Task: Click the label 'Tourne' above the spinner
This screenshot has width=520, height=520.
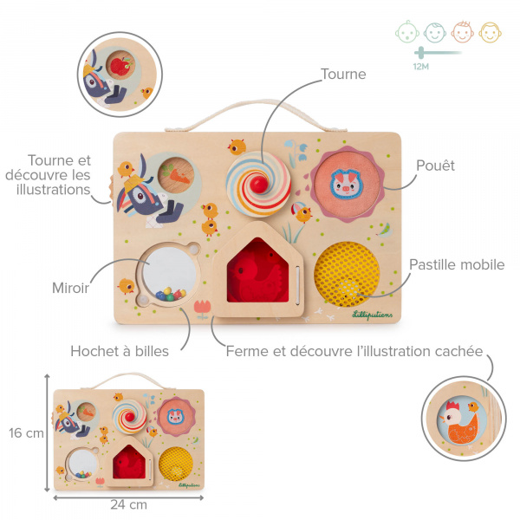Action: [x=343, y=75]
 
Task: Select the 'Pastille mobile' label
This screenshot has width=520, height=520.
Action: [x=457, y=265]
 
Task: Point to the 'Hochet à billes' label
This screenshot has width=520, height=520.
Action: [x=120, y=352]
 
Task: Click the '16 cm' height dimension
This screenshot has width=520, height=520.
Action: [x=26, y=433]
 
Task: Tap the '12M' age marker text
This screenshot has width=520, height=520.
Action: [x=422, y=66]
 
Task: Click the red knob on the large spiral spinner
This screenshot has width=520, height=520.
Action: [x=258, y=184]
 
